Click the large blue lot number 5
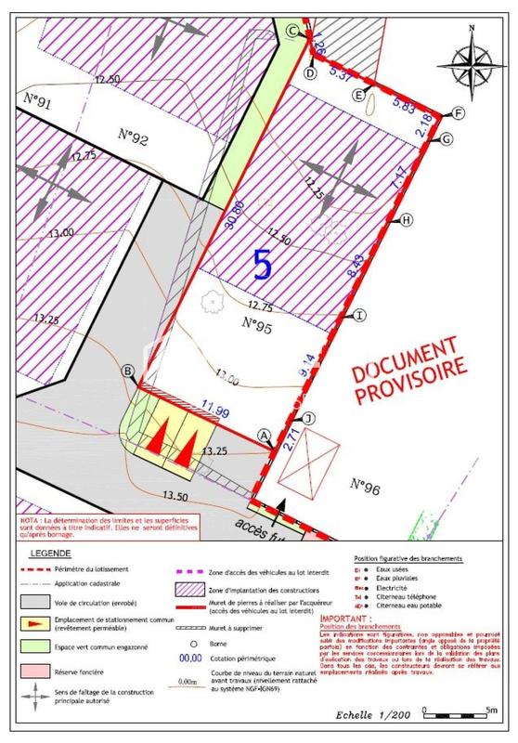(x=263, y=266)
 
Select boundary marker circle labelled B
(x=128, y=371)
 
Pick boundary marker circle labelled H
(x=406, y=220)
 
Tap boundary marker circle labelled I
(x=359, y=316)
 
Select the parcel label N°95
(x=261, y=324)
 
